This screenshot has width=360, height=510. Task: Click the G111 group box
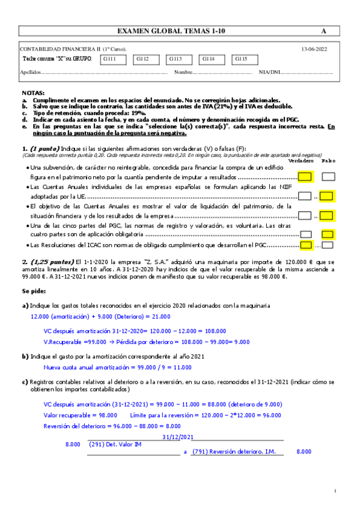tap(112, 59)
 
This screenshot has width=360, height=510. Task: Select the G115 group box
tap(245, 59)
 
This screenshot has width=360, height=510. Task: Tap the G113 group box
tap(178, 59)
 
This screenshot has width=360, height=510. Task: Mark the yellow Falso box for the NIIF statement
tap(327, 195)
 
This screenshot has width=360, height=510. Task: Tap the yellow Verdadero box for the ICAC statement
tap(305, 245)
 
